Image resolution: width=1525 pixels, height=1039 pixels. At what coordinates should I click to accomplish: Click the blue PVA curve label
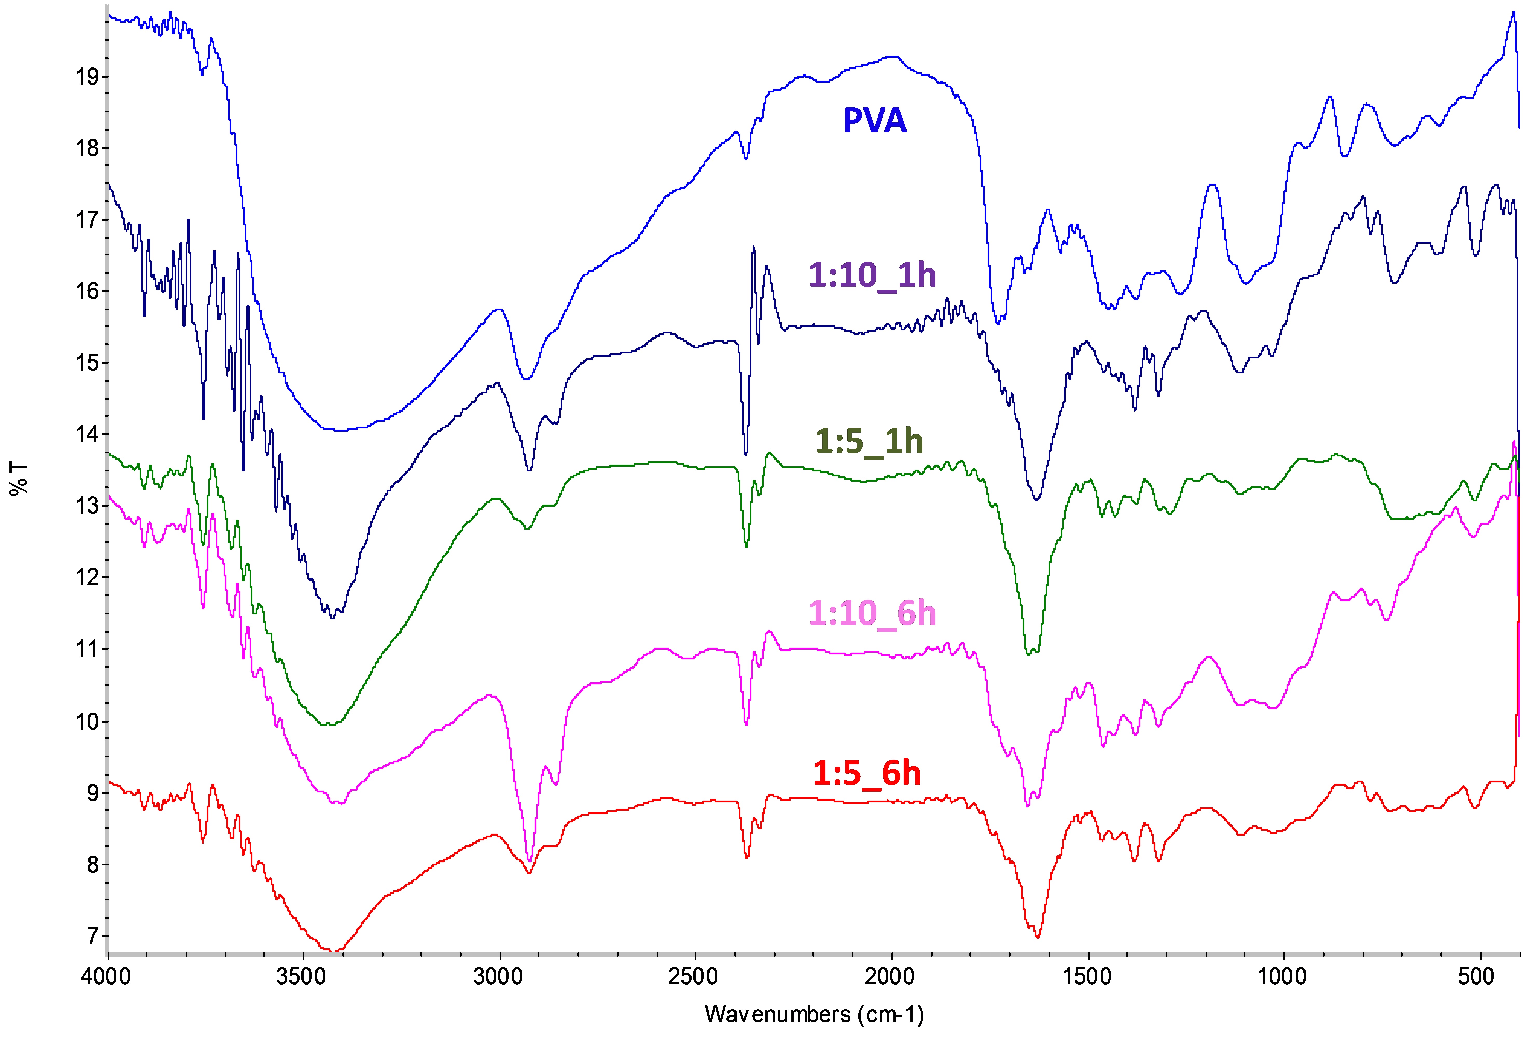click(875, 121)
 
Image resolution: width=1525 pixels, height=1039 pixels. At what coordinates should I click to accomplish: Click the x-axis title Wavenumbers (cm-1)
click(814, 1014)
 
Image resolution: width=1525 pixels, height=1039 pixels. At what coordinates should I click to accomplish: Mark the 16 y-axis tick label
click(87, 291)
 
